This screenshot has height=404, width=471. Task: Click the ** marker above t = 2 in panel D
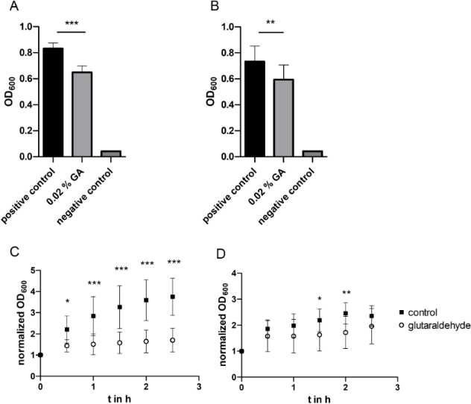point(345,293)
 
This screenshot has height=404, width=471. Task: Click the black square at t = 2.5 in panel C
point(172,297)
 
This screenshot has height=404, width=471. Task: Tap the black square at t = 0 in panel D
point(241,351)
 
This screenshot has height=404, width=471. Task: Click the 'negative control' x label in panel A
point(110,192)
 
